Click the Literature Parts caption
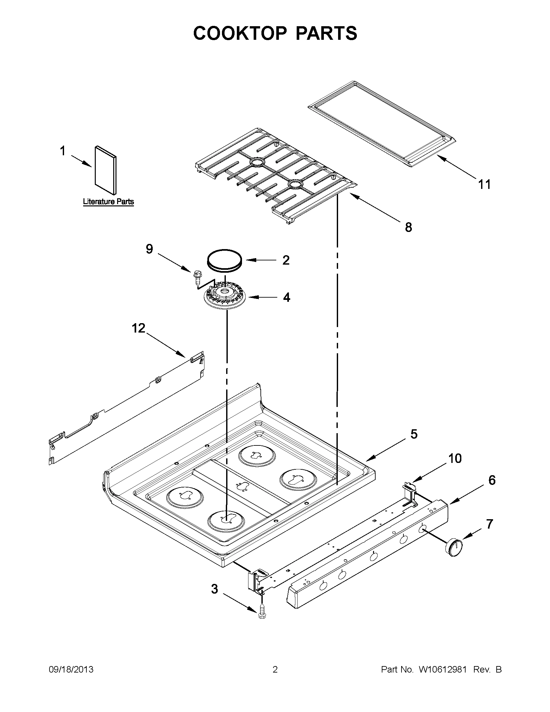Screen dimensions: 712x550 (x=108, y=202)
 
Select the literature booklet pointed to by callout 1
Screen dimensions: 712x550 (x=105, y=170)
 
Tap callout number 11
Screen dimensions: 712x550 (x=484, y=184)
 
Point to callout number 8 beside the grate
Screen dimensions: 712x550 (x=408, y=227)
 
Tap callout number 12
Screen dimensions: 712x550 (x=138, y=328)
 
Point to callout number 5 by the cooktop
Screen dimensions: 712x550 (x=413, y=434)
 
